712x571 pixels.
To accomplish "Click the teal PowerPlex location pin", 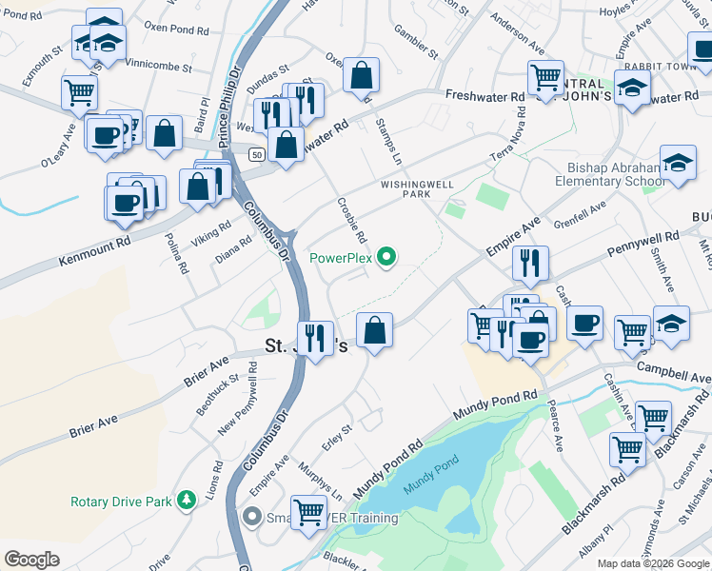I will [x=386, y=257].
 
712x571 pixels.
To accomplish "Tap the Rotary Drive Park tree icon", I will [x=188, y=499].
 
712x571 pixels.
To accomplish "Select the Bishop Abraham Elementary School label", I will [x=609, y=174].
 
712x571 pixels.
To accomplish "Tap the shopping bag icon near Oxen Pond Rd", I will [x=361, y=76].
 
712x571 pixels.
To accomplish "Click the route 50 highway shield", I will [x=256, y=152].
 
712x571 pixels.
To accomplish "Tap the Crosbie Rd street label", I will [x=352, y=220].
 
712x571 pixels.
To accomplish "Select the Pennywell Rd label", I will [x=644, y=244].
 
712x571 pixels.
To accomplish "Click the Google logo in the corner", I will [x=32, y=559].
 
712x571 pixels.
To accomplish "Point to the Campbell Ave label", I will [x=674, y=371].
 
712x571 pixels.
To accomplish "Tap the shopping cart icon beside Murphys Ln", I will [x=308, y=511].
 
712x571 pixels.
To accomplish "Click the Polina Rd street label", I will [x=177, y=256].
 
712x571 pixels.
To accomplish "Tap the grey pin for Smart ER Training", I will [x=252, y=517].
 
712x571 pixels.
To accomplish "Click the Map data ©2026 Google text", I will [x=653, y=563].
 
